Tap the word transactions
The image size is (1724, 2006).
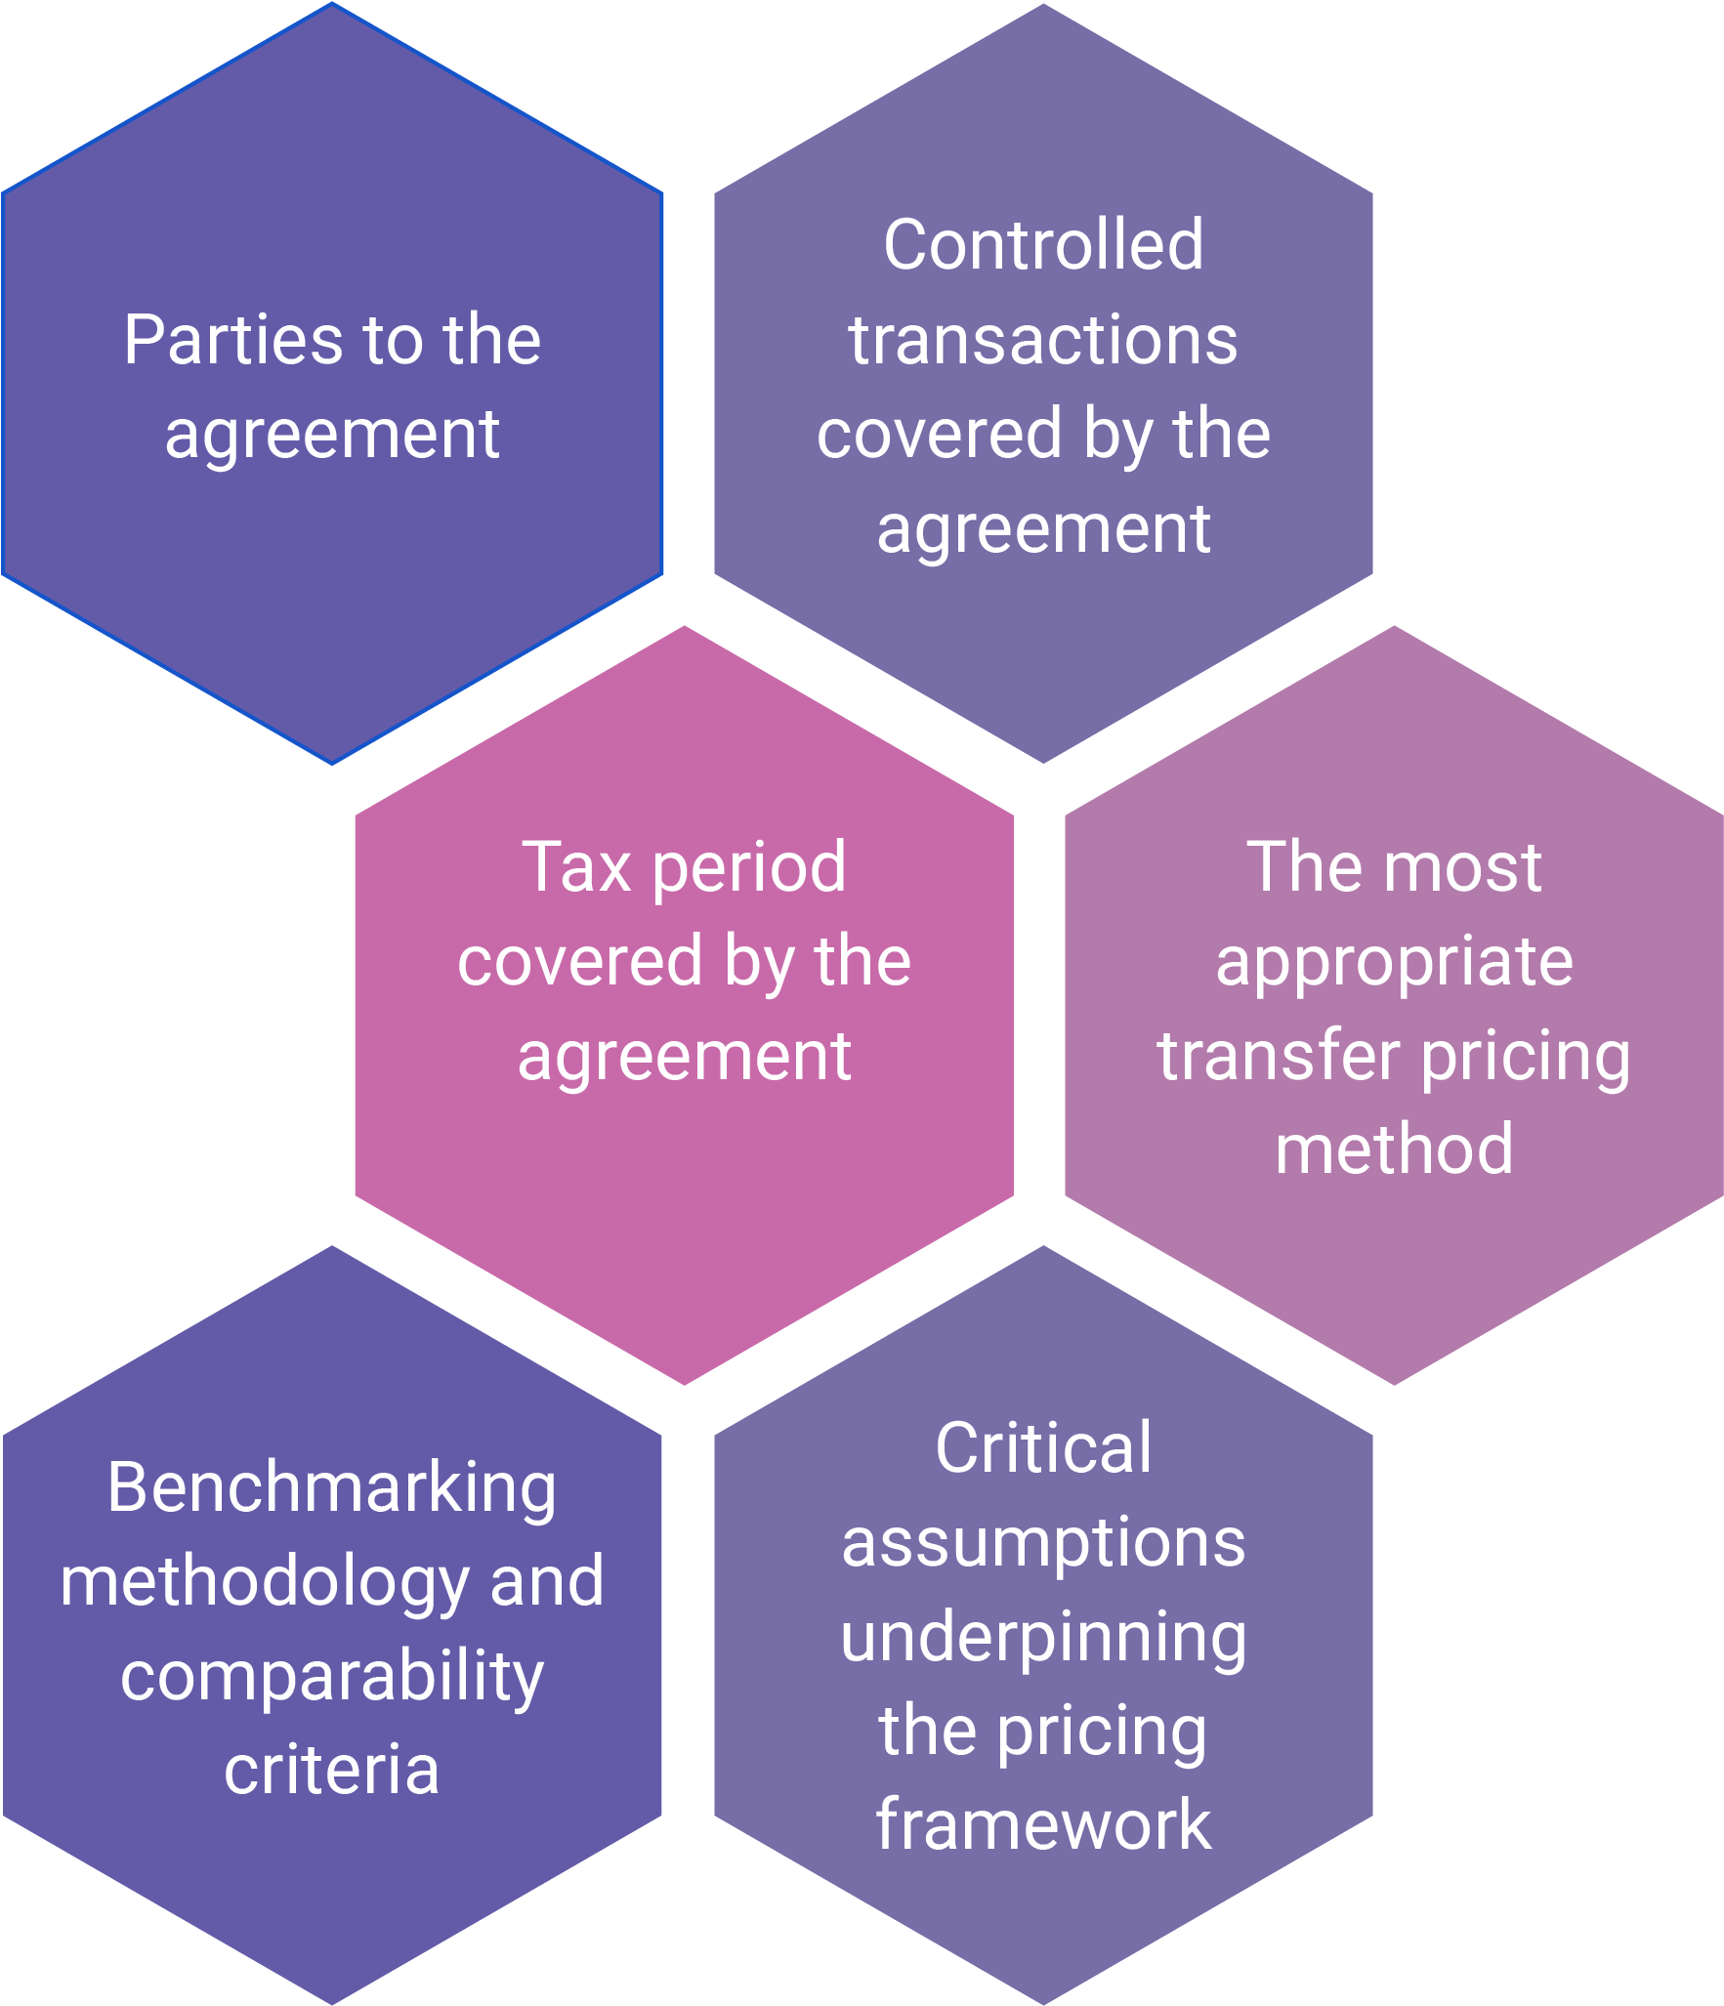click(1043, 340)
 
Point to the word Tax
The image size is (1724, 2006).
click(576, 866)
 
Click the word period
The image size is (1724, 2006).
click(749, 868)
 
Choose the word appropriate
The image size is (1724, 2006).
click(1394, 963)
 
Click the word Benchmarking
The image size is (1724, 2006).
click(332, 1488)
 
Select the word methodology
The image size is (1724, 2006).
click(265, 1583)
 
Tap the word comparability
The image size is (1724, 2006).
click(332, 1678)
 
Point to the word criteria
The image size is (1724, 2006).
click(332, 1770)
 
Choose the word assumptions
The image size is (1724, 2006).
click(1043, 1544)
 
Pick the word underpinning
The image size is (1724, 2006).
click(1043, 1638)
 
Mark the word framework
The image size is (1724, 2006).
click(1043, 1824)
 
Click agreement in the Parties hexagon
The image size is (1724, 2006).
click(332, 436)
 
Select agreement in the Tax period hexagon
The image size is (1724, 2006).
click(684, 1058)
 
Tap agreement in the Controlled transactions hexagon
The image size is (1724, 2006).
click(1043, 530)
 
